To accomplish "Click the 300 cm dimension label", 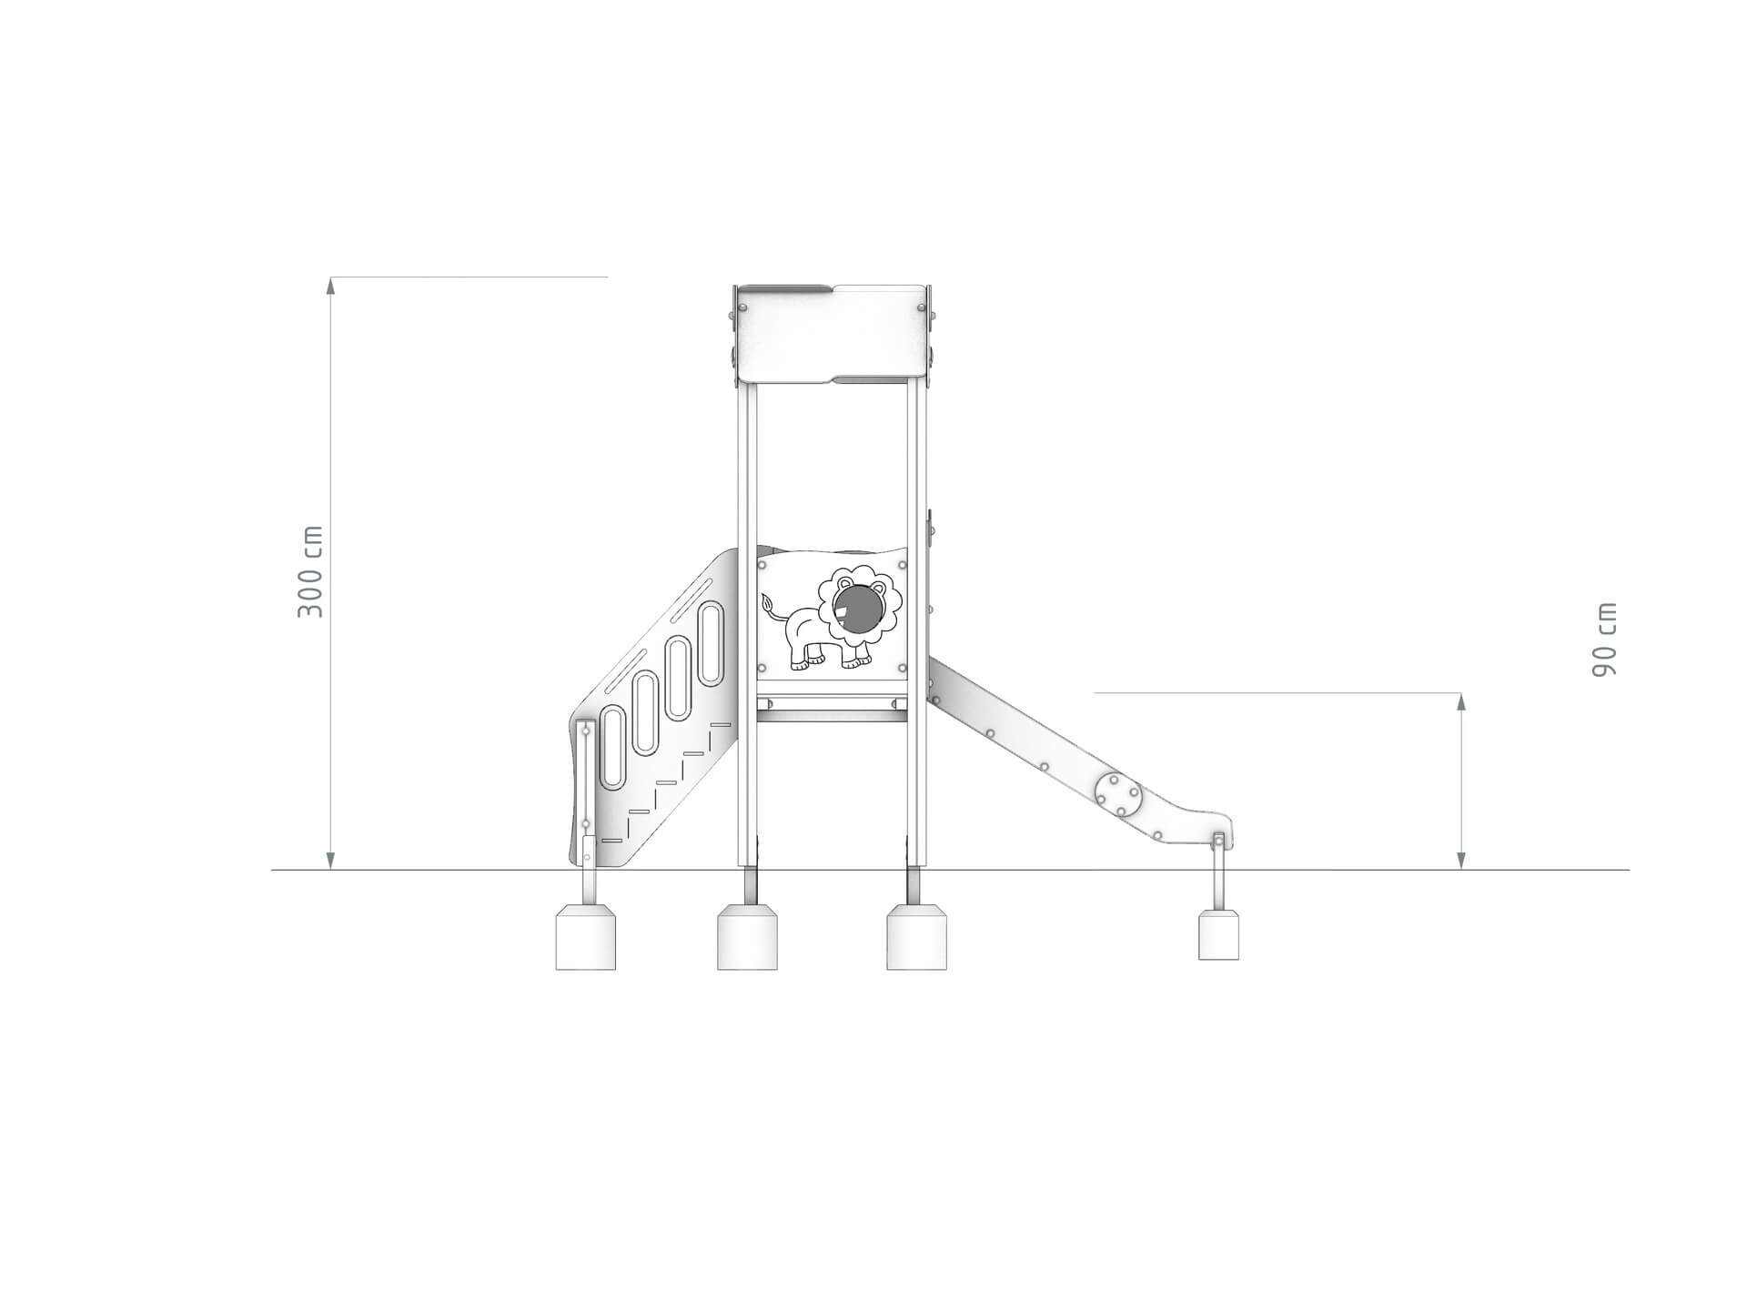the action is [310, 571].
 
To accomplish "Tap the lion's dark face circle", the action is [857, 610].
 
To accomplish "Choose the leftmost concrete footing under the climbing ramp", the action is [586, 937].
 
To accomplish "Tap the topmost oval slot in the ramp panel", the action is [711, 644].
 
